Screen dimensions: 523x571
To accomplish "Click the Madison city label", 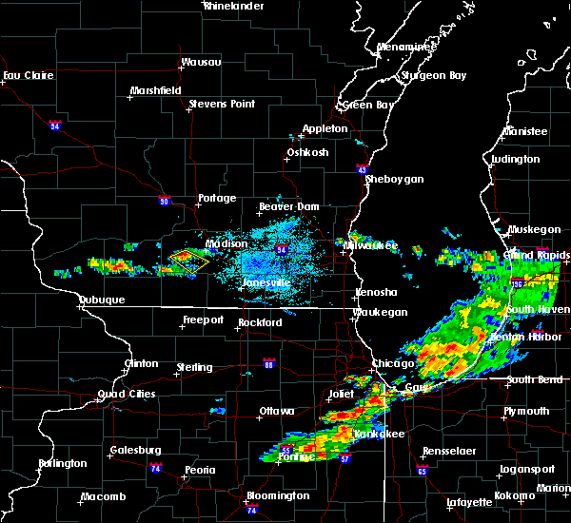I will (x=226, y=243).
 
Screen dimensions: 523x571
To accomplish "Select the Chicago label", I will (x=393, y=363).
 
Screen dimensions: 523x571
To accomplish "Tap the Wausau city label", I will (x=201, y=63).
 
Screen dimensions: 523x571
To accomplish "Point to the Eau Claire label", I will (x=26, y=75).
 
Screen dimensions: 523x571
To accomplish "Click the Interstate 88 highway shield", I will (x=269, y=364).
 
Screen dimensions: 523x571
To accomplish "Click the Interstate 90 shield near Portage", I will (x=165, y=201).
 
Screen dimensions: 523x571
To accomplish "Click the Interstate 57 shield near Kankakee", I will (x=345, y=458).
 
